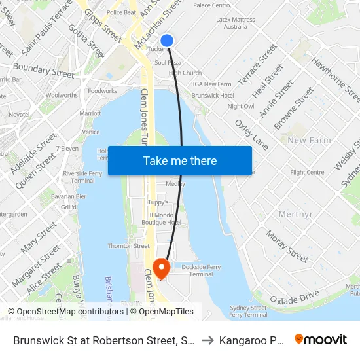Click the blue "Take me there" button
(x=179, y=160)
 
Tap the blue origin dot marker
(x=167, y=41)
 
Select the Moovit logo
(x=321, y=340)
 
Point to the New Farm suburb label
(x=309, y=141)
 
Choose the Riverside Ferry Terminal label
(x=79, y=177)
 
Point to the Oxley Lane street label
(x=251, y=134)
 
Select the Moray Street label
(x=287, y=245)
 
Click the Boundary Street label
(x=44, y=70)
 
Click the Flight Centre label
(x=307, y=173)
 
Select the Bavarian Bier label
(x=69, y=196)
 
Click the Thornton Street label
(x=128, y=246)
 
